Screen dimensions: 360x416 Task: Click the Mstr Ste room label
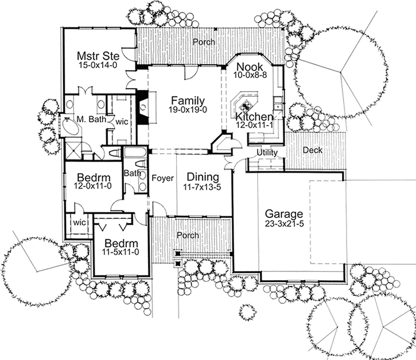[98, 56]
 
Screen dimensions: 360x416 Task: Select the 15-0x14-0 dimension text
[98, 66]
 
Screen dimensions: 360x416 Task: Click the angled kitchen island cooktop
[245, 104]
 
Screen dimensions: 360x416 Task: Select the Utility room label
[267, 152]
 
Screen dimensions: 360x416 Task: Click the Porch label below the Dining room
[188, 236]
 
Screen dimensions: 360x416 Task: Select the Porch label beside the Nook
[203, 42]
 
